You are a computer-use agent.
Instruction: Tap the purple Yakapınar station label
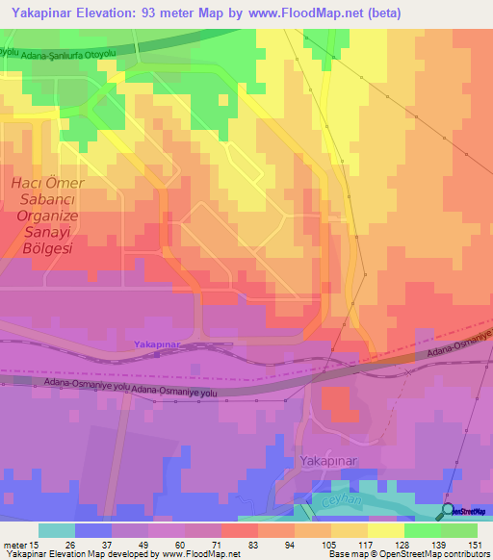click(x=155, y=344)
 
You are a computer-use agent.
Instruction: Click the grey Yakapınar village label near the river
click(x=328, y=462)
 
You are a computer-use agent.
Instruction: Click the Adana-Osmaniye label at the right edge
click(x=465, y=341)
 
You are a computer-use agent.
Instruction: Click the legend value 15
click(x=37, y=544)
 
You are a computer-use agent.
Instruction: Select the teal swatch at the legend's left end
click(x=57, y=530)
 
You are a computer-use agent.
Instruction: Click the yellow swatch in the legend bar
click(x=385, y=530)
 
